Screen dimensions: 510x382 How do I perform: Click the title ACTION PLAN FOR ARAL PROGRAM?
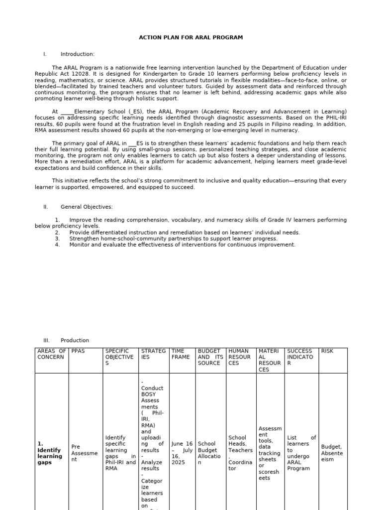(191, 38)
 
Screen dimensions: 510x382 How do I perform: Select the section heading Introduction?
(77, 54)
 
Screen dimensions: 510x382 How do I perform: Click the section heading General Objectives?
(87, 207)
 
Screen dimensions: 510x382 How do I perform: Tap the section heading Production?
(75, 341)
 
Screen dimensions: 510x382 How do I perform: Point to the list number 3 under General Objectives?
(57, 239)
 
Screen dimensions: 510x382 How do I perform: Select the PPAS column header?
(78, 351)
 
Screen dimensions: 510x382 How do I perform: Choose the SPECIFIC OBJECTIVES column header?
(119, 357)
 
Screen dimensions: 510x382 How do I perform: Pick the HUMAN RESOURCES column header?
(240, 357)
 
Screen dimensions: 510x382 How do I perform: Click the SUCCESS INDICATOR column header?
(301, 357)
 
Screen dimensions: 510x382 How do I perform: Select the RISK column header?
(327, 351)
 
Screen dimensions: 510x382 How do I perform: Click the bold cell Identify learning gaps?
(51, 453)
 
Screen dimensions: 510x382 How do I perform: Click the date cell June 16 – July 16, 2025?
(182, 453)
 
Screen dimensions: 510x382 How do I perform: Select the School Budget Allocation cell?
(209, 453)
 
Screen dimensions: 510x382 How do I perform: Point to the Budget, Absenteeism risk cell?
(332, 453)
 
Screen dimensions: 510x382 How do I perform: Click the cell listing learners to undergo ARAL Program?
(300, 453)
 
